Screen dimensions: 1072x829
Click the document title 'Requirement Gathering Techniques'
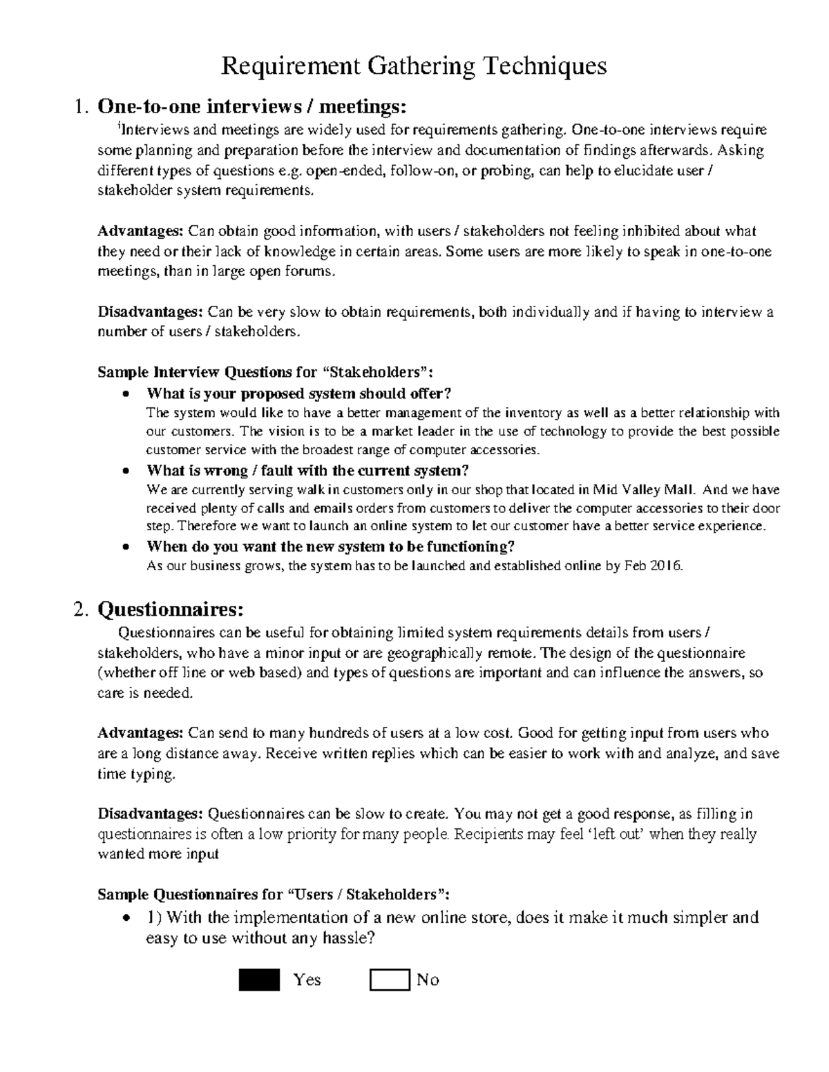[413, 66]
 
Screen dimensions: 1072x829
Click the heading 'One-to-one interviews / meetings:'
[249, 107]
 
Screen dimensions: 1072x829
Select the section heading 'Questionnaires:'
[171, 610]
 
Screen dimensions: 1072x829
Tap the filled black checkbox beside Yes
[259, 980]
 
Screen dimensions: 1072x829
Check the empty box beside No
[390, 980]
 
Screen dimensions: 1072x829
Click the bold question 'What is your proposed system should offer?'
[298, 394]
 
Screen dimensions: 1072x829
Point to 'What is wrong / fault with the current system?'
[307, 471]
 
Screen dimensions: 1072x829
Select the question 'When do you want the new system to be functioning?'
[331, 547]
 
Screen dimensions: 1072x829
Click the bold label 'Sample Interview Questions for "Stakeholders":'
[265, 373]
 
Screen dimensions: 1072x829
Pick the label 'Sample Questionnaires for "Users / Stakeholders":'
[274, 895]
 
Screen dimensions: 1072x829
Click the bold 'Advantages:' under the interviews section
[140, 231]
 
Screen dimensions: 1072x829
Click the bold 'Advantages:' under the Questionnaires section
[140, 733]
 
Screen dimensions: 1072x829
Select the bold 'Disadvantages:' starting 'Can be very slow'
[150, 312]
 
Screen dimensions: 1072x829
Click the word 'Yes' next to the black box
[307, 980]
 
